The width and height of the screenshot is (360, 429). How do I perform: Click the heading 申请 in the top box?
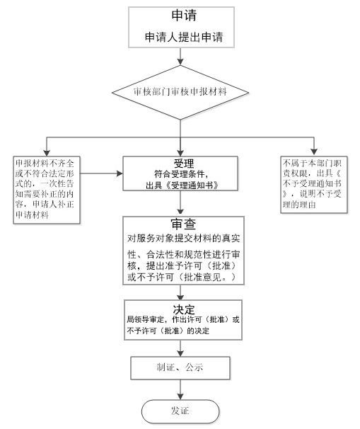tap(180, 16)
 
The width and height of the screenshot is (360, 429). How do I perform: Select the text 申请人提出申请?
tap(180, 36)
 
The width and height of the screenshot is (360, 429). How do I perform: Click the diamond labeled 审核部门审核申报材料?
tap(180, 92)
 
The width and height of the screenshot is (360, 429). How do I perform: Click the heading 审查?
tap(183, 224)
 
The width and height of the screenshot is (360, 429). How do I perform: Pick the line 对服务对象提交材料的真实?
tap(184, 239)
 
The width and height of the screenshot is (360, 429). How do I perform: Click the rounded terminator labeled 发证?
tap(180, 410)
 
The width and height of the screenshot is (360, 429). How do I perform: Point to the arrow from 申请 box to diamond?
tap(180, 57)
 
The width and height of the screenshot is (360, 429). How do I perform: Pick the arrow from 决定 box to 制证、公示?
tap(181, 347)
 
